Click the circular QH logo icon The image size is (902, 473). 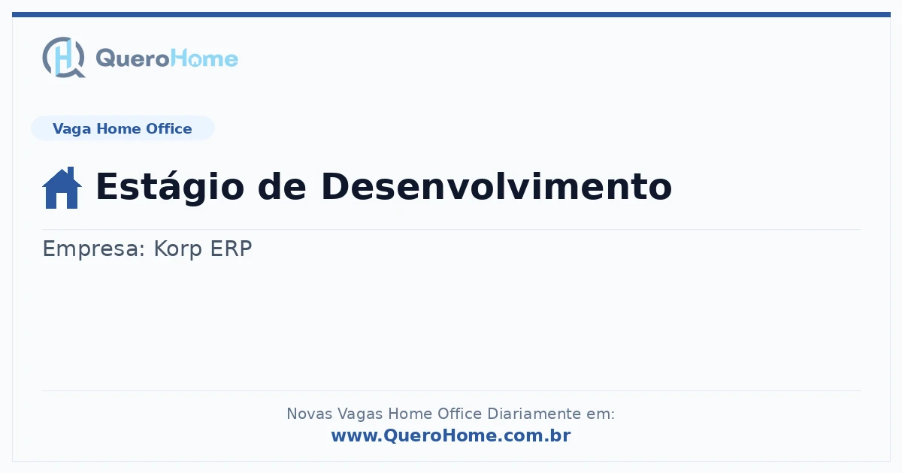pos(64,57)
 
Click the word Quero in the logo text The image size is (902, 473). pos(133,59)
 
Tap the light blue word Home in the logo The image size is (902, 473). pos(204,59)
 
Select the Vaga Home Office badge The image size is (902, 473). pos(123,128)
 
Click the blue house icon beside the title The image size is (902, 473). pos(62,188)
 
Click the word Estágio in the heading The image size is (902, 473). pos(170,187)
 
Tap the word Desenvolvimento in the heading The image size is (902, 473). pos(497,187)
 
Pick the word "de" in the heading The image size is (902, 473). pos(282,187)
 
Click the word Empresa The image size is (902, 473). pos(93,249)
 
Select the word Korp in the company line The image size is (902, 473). pos(177,249)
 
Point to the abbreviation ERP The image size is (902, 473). pos(232,249)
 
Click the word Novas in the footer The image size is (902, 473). pos(309,414)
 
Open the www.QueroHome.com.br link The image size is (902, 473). pos(451,435)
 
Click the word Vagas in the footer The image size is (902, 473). pos(360,414)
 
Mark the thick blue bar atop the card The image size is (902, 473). pos(451,14)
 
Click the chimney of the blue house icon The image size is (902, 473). pos(71,173)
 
